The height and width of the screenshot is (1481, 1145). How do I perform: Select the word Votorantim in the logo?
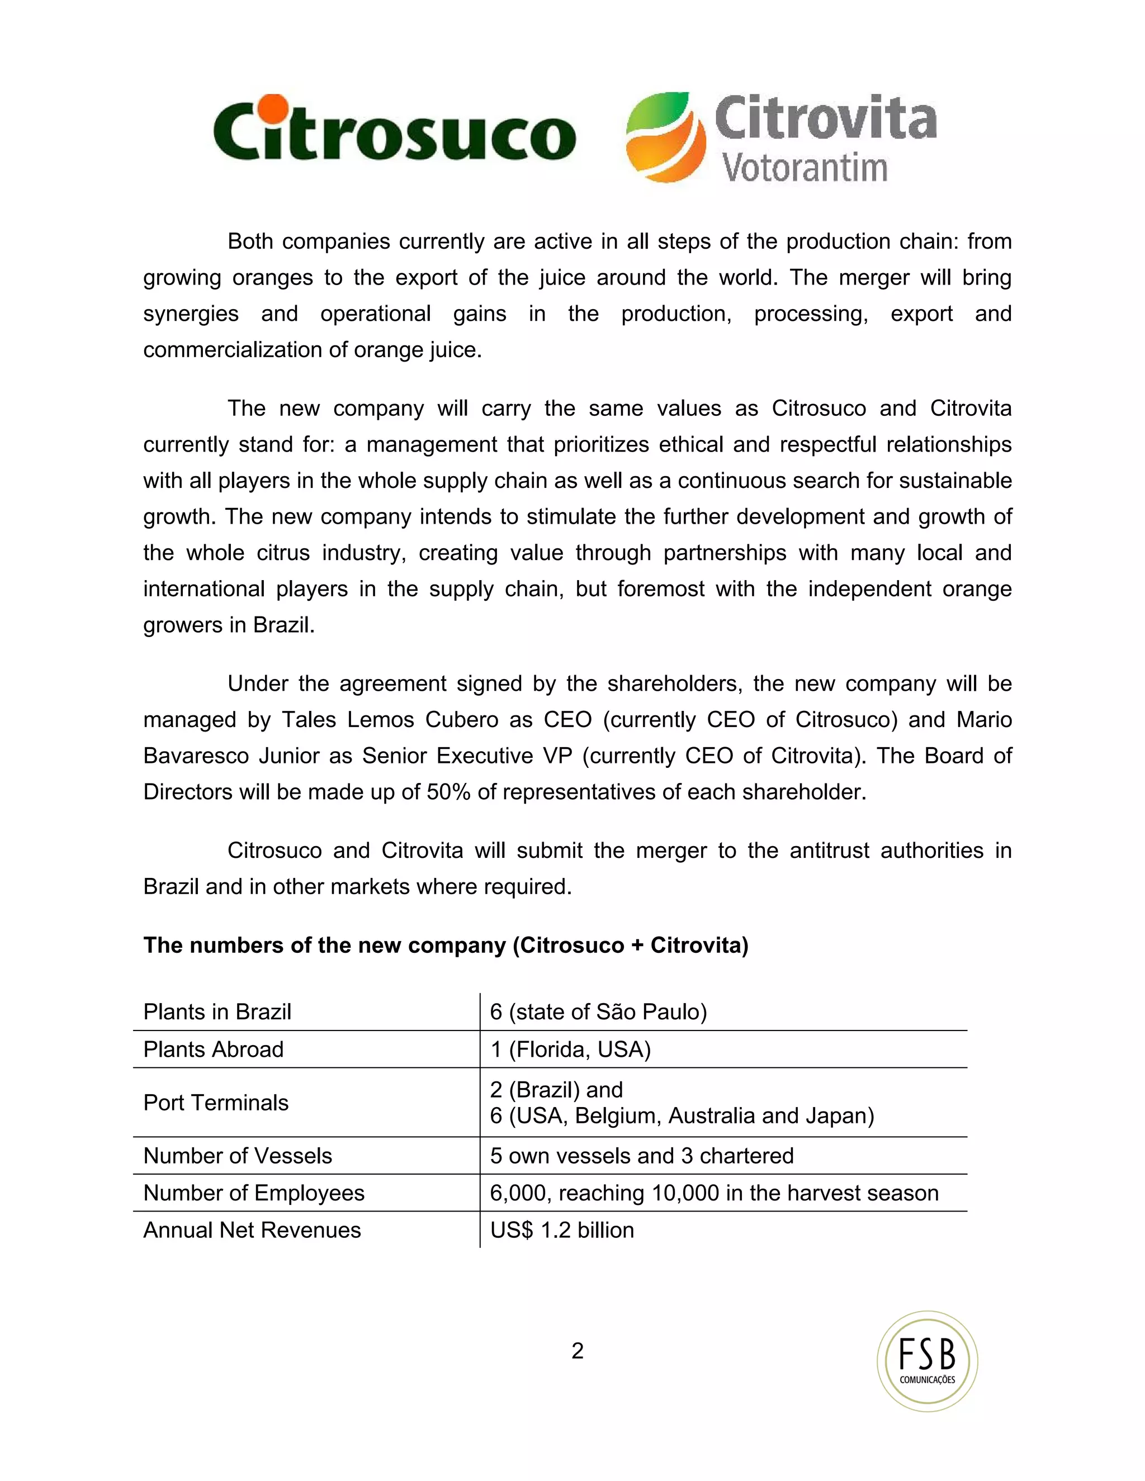click(805, 168)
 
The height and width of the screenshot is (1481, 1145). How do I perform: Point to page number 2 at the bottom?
click(577, 1351)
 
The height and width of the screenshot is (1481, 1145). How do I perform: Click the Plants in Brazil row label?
click(217, 1012)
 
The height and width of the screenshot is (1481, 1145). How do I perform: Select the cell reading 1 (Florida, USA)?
click(570, 1049)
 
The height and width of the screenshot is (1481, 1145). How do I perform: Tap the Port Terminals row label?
click(216, 1103)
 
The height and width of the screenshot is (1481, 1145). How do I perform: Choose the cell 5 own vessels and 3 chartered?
click(641, 1156)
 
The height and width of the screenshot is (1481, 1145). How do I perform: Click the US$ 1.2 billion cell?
click(562, 1230)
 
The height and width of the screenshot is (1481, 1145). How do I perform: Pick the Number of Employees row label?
click(254, 1193)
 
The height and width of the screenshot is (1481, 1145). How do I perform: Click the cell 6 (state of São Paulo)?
click(598, 1012)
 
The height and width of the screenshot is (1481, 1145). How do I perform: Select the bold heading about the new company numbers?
click(446, 945)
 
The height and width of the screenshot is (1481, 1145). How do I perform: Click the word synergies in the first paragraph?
click(191, 314)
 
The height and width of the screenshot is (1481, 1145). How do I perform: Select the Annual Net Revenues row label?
click(252, 1230)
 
